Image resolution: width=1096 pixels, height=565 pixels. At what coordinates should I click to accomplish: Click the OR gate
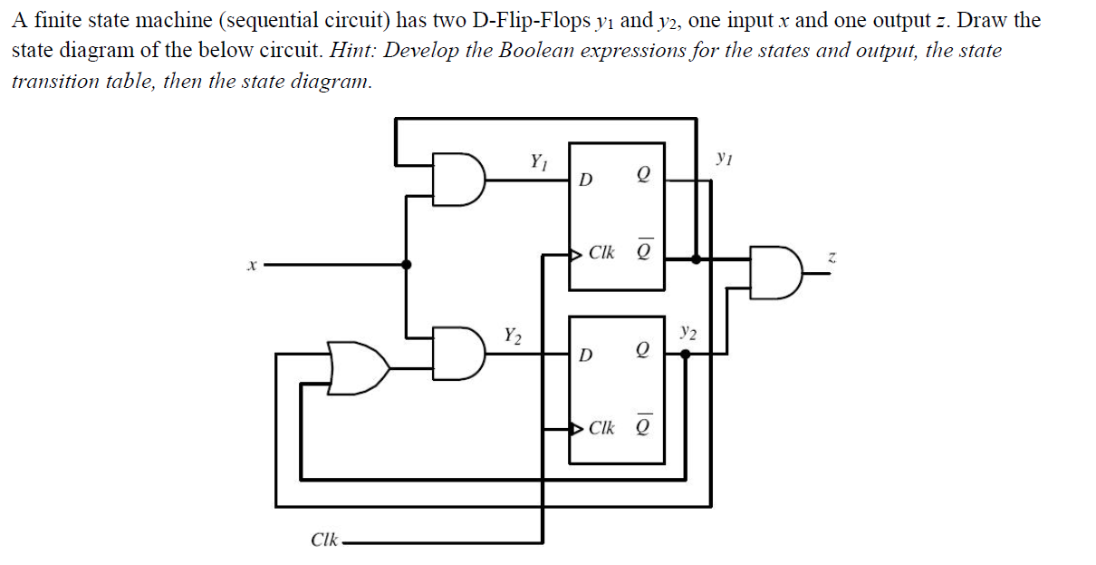(358, 368)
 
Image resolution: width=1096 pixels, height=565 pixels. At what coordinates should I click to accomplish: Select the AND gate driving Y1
(460, 178)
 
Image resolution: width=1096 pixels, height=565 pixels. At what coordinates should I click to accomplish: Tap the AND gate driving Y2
(460, 351)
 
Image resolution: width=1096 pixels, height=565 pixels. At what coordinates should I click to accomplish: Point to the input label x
(254, 266)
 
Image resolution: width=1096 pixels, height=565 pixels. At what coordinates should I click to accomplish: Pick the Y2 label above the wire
(513, 336)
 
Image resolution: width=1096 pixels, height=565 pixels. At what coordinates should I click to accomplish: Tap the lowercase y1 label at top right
(722, 159)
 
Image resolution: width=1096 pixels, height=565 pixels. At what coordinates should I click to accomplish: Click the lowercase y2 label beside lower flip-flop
(688, 333)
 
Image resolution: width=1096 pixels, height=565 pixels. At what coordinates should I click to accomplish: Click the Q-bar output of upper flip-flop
(644, 250)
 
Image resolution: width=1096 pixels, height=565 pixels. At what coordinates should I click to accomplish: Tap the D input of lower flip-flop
(586, 353)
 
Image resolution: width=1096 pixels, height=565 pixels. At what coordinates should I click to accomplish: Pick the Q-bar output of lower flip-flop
(644, 424)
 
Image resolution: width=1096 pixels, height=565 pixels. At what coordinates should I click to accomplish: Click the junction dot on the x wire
(406, 265)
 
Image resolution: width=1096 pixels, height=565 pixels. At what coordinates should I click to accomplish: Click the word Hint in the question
(351, 51)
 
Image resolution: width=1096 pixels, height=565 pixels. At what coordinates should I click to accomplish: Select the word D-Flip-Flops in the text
(516, 20)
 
